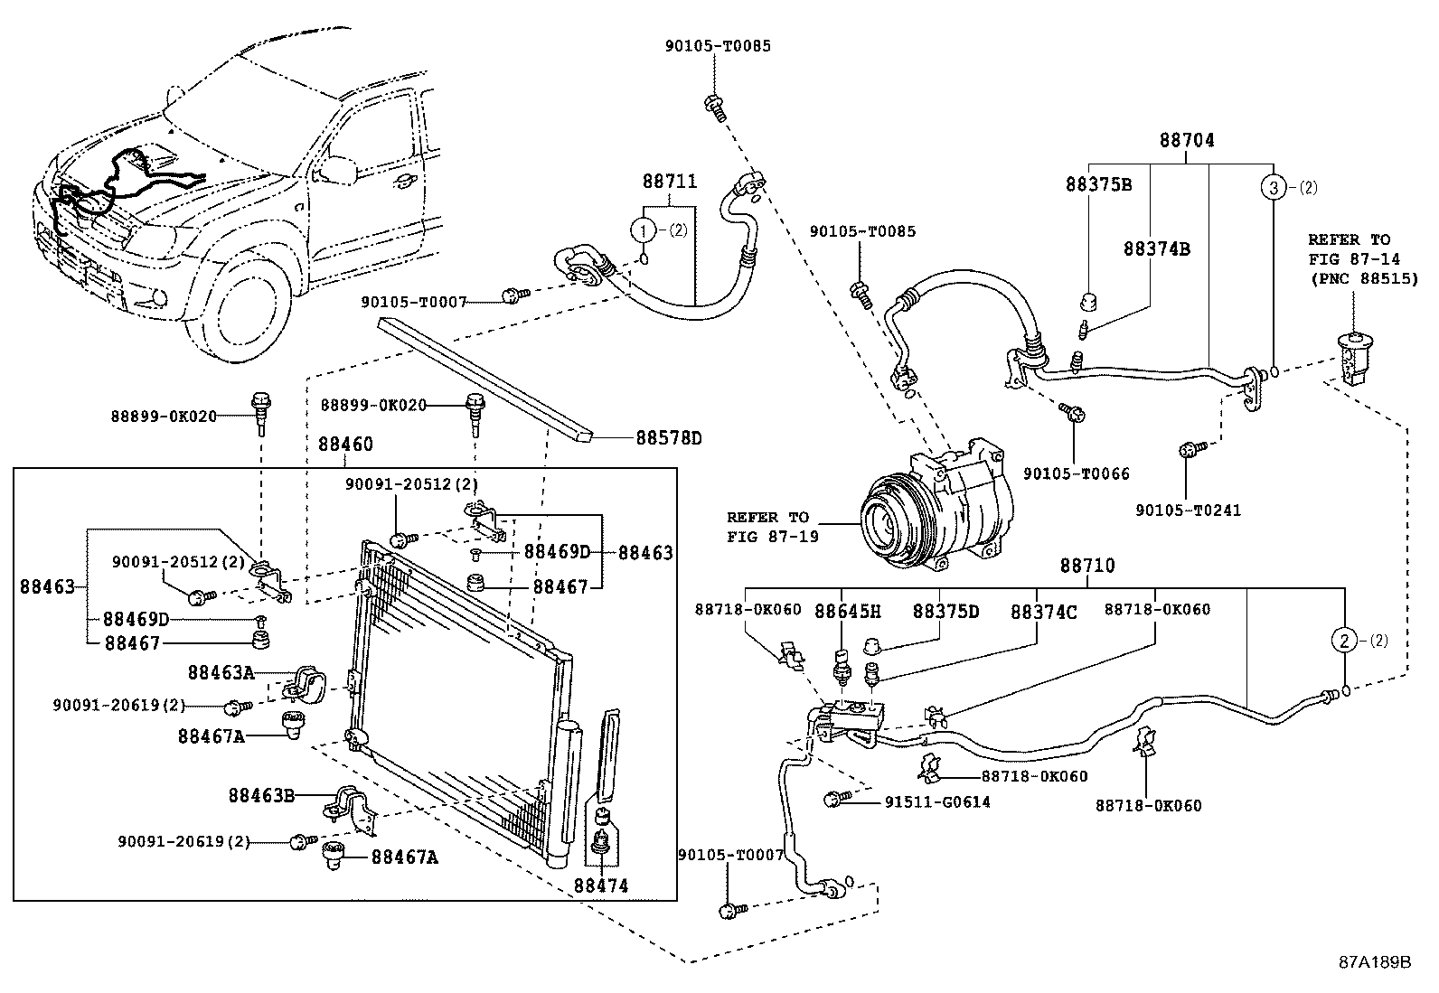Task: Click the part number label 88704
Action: pyautogui.click(x=1187, y=141)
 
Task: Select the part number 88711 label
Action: pyautogui.click(x=670, y=181)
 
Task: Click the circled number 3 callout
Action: pyautogui.click(x=1272, y=188)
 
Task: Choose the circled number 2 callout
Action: pyautogui.click(x=1344, y=641)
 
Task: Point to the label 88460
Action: pyautogui.click(x=344, y=445)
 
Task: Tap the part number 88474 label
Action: pyautogui.click(x=600, y=886)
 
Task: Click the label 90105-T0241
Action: pyautogui.click(x=1188, y=511)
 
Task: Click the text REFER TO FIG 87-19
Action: pyautogui.click(x=767, y=526)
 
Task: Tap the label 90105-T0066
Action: pyautogui.click(x=1076, y=473)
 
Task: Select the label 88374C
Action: pyautogui.click(x=1043, y=611)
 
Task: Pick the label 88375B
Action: pyautogui.click(x=1098, y=184)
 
